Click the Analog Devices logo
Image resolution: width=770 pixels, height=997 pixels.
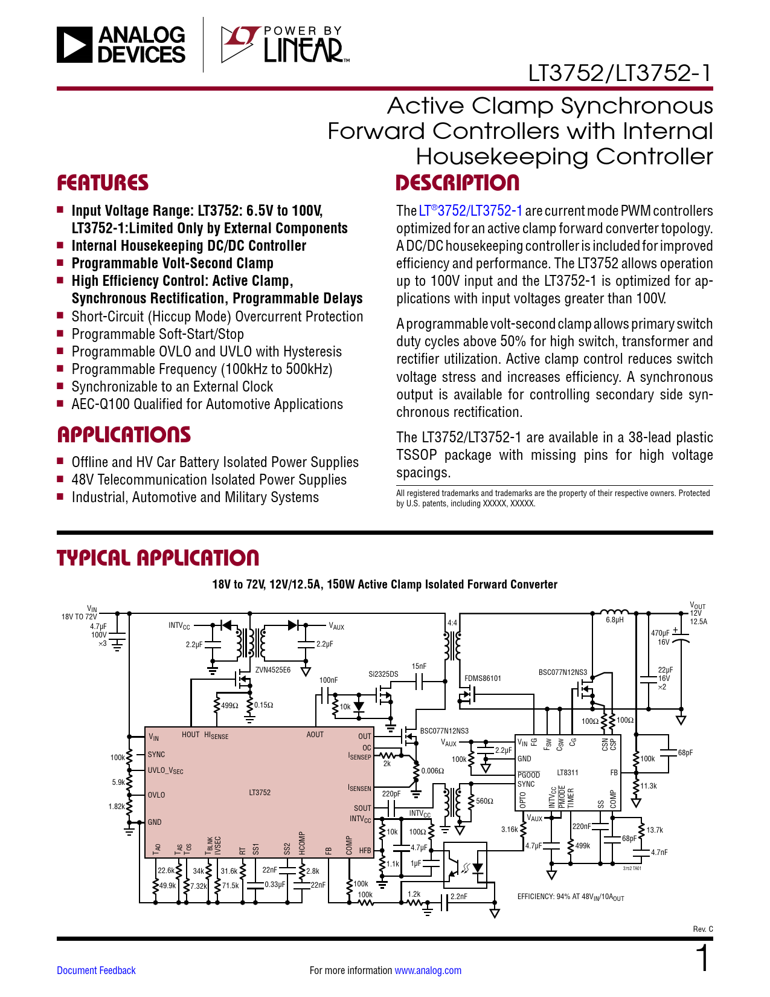coord(121,45)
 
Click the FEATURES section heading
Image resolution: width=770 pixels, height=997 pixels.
coord(103,183)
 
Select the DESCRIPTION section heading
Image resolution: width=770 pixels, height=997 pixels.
coord(457,183)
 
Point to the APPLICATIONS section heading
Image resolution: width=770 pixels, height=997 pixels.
coord(124,435)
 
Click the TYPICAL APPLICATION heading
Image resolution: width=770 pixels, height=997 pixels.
coord(158,558)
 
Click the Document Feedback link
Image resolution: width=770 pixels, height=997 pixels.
coord(96,970)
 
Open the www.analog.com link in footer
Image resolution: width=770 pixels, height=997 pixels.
coord(428,970)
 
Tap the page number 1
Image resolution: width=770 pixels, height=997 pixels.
coord(702,959)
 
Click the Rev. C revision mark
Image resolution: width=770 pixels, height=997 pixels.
coord(702,929)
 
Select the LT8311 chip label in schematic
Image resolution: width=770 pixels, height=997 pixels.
coord(567,772)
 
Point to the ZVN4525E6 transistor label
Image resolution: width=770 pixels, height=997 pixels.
coord(273,670)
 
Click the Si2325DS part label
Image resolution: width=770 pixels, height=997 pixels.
coord(383,674)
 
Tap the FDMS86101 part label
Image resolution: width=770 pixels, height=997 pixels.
coord(483,679)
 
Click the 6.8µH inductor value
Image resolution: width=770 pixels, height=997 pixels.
coord(615,620)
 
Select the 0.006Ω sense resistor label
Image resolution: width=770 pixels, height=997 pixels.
coord(432,771)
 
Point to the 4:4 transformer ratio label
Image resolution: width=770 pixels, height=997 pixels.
coord(452,623)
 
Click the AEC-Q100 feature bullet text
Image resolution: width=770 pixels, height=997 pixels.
coord(207,404)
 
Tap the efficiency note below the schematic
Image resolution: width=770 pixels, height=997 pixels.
coord(571,897)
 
